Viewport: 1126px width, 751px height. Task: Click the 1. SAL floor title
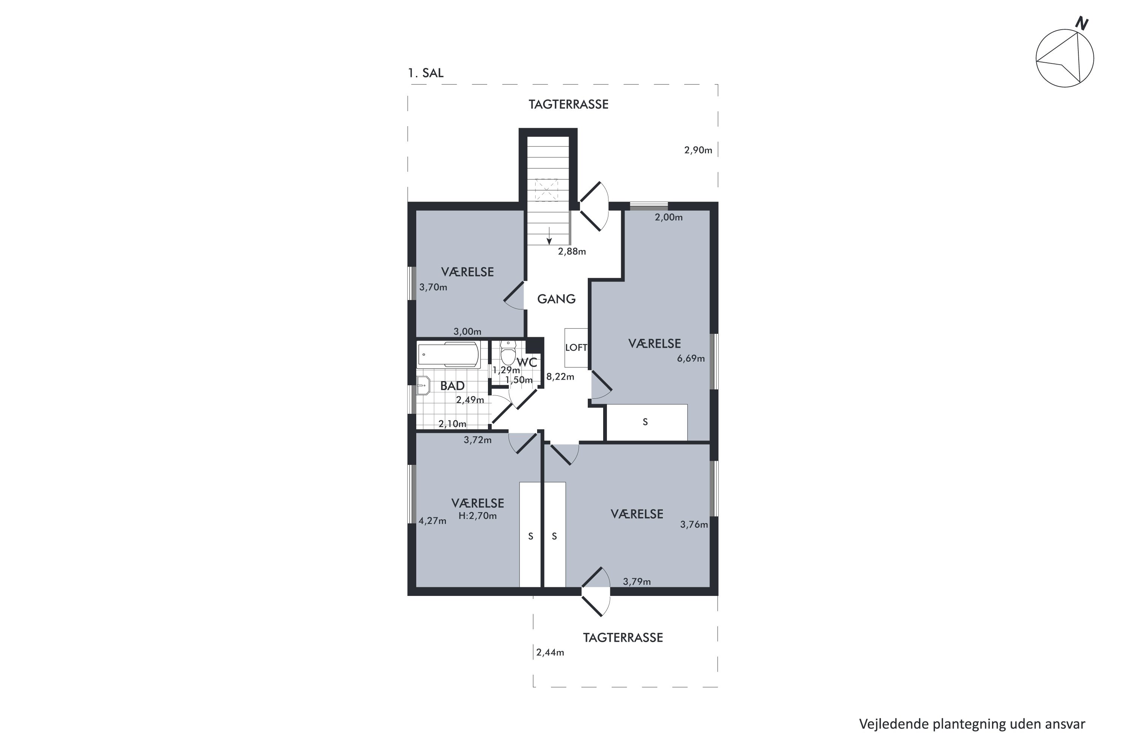(x=426, y=73)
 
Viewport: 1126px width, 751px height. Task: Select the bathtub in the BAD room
(x=449, y=355)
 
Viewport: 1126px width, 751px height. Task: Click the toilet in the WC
(x=508, y=353)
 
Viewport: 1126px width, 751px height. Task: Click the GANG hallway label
(x=556, y=299)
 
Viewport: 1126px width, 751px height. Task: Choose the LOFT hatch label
(x=576, y=348)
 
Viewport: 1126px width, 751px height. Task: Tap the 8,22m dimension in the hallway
(x=560, y=377)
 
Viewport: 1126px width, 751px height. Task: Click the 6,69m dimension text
(x=691, y=359)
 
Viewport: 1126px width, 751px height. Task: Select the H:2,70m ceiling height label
(x=477, y=516)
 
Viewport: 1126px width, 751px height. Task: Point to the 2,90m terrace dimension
(x=698, y=151)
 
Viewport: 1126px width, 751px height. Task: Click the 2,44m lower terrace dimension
(x=550, y=653)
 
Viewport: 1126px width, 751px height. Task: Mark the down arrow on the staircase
(x=549, y=236)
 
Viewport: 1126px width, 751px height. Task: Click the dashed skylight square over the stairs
(x=547, y=190)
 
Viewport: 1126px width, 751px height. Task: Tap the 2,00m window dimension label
(x=669, y=217)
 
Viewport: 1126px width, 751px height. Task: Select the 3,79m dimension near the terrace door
(x=637, y=582)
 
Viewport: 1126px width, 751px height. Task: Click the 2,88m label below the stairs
(x=572, y=252)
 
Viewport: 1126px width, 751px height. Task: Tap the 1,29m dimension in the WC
(x=506, y=370)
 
